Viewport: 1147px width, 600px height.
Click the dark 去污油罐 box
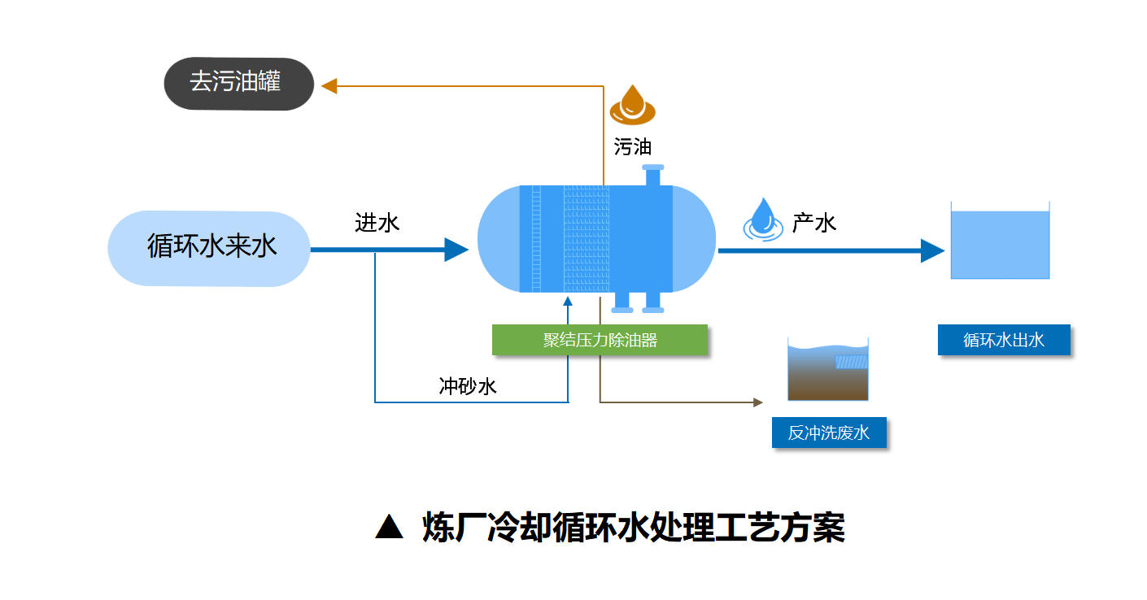pyautogui.click(x=238, y=83)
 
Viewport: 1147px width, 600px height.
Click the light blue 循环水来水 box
pyautogui.click(x=209, y=248)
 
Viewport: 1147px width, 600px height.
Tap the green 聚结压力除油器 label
pyautogui.click(x=600, y=340)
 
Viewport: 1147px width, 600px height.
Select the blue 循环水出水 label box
pyautogui.click(x=1003, y=340)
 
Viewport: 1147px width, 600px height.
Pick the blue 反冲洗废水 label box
pyautogui.click(x=828, y=433)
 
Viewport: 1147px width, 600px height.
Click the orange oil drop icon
pyautogui.click(x=632, y=104)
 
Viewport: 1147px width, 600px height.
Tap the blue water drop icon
pyautogui.click(x=762, y=219)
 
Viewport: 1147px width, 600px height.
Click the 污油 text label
pyautogui.click(x=632, y=146)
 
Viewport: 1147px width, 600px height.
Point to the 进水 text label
pyautogui.click(x=377, y=223)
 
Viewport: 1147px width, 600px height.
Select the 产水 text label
pyautogui.click(x=814, y=222)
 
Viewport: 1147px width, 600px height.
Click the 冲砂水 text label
pyautogui.click(x=467, y=385)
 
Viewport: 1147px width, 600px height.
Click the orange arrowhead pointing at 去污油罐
pyautogui.click(x=329, y=85)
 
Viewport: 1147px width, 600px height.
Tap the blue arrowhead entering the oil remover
pyautogui.click(x=456, y=250)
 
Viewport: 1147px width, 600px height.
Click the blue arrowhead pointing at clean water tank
pyautogui.click(x=931, y=250)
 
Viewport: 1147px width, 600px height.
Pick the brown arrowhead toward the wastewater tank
pyautogui.click(x=758, y=402)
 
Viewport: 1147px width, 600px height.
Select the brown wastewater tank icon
pyautogui.click(x=827, y=372)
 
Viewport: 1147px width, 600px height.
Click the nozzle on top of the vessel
pyautogui.click(x=652, y=176)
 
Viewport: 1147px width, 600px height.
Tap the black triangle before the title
pyautogui.click(x=389, y=528)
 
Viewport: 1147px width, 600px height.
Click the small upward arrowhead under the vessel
pyautogui.click(x=568, y=302)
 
